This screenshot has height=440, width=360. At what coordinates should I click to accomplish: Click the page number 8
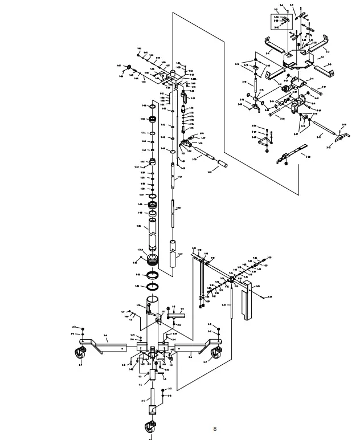coord(215,429)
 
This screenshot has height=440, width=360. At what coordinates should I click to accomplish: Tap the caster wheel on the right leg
coord(217,354)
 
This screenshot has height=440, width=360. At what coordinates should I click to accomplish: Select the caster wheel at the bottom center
coord(152,426)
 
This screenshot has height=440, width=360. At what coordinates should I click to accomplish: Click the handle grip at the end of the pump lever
coord(223,165)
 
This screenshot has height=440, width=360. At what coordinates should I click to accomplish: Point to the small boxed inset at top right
coord(283,21)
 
